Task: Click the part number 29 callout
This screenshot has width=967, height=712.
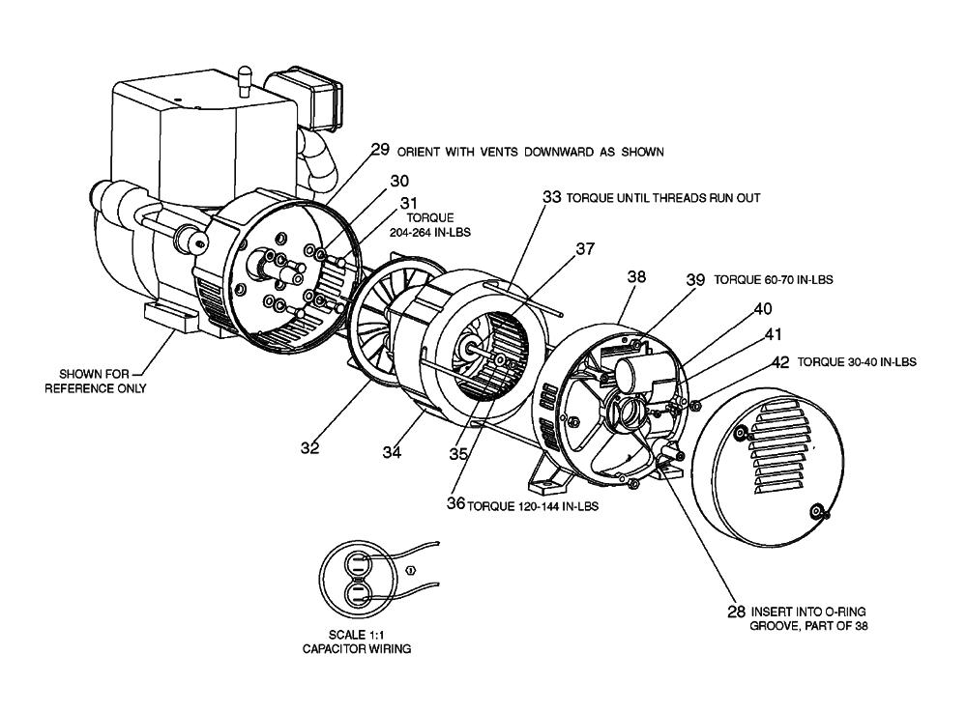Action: click(379, 151)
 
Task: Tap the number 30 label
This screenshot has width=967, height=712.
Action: click(400, 181)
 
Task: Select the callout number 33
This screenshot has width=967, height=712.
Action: click(551, 196)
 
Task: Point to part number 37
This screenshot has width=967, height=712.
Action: click(585, 248)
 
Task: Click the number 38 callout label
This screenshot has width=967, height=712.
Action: click(636, 276)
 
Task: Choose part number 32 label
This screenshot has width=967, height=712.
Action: click(310, 447)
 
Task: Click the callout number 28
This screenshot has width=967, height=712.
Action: click(737, 612)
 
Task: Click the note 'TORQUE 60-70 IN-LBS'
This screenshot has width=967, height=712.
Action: click(774, 279)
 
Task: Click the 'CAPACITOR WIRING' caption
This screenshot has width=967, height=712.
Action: click(356, 649)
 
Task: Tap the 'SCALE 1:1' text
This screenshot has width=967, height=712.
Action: click(356, 636)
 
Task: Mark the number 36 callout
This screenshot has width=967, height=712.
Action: click(455, 503)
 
